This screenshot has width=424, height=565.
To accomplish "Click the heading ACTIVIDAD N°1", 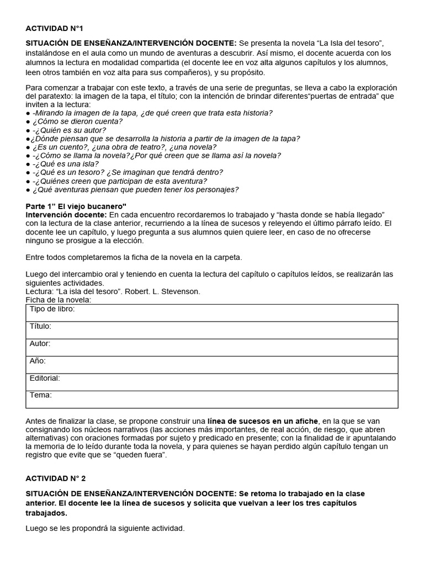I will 54,28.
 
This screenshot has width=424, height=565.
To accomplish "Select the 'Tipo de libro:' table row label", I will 52,310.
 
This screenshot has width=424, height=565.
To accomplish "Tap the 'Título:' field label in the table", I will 41,327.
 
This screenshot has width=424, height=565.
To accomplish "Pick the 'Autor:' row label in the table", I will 40,344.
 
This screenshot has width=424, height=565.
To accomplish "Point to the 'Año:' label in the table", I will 38,361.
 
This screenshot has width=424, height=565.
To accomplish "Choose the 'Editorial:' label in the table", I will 45,379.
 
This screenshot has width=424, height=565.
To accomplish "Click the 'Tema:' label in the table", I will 41,395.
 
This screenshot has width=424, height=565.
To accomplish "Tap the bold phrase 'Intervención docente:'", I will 66,214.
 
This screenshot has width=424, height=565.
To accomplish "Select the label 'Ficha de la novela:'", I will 59,300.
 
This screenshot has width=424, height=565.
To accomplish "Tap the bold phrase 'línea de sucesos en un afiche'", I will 263,422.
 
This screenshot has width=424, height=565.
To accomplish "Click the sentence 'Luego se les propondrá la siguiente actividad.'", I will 105,529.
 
